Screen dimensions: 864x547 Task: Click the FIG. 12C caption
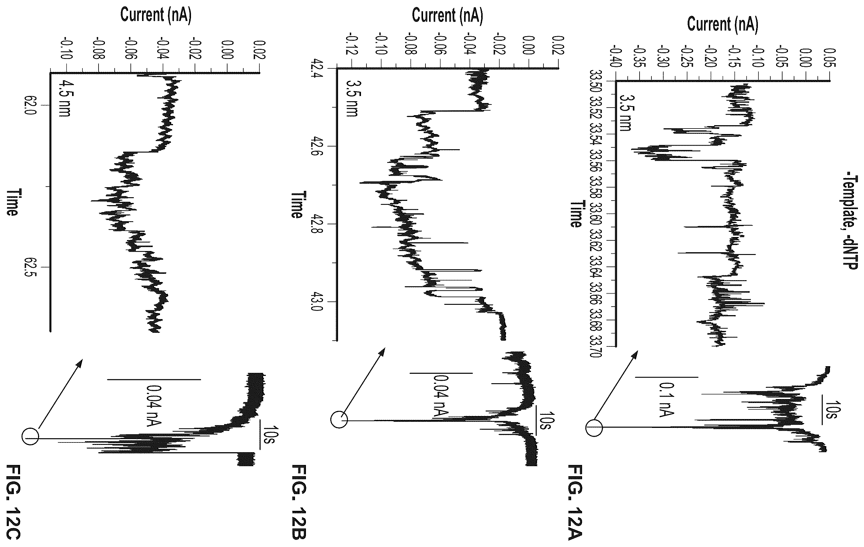pos(14,502)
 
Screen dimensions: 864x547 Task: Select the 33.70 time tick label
pos(596,346)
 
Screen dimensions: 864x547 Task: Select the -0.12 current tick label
pos(352,44)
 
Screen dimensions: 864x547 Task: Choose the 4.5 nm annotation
pos(64,98)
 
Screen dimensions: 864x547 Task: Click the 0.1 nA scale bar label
pos(666,399)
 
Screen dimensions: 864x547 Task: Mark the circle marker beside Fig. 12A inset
pos(594,428)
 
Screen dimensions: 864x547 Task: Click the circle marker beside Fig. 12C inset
pos(30,438)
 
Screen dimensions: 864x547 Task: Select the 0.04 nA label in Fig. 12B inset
pos(441,396)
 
